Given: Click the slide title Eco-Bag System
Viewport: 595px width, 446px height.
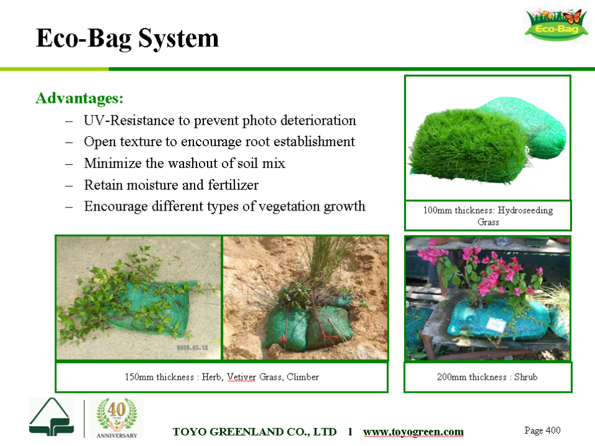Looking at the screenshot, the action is (128, 38).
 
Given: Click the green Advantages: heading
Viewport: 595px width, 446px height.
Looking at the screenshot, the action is (79, 98).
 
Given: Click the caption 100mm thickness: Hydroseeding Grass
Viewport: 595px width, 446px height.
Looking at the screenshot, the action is (488, 216).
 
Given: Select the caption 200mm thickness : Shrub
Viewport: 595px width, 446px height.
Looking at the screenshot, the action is (487, 377).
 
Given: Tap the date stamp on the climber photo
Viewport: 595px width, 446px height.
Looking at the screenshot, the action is (192, 348).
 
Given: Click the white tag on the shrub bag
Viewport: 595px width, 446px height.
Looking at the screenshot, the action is (496, 325).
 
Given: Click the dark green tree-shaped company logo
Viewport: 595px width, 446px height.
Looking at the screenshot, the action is (51, 417).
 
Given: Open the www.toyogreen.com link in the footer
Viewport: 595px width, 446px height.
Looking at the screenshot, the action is (413, 432).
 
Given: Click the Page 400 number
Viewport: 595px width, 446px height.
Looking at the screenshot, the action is (542, 431).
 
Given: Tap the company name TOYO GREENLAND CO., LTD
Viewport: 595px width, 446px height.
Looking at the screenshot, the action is (255, 432).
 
